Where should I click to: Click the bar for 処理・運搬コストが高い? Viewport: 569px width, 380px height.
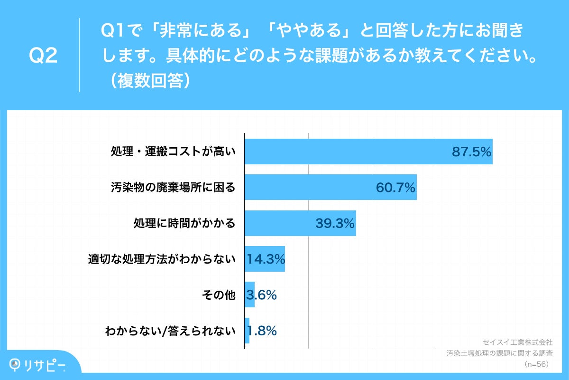point(368,152)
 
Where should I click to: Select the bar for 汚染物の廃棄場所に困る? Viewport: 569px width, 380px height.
point(330,187)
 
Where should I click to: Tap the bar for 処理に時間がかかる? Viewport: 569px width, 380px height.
point(300,223)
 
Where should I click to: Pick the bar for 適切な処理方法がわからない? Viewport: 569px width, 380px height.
point(265,259)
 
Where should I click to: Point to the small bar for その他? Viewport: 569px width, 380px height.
point(249,295)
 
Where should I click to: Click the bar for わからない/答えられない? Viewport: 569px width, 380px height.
point(247,331)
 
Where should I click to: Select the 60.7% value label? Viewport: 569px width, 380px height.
point(396,187)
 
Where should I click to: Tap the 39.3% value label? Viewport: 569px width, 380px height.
point(335,223)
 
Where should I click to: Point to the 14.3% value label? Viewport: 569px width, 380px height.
point(266,259)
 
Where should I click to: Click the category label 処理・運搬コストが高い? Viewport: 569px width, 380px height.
point(173,152)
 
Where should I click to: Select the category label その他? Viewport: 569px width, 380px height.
point(219,295)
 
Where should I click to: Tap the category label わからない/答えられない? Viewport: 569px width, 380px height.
point(170,331)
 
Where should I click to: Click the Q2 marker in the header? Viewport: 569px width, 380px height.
point(43,56)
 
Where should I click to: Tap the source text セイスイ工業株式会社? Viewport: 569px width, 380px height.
point(517,342)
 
